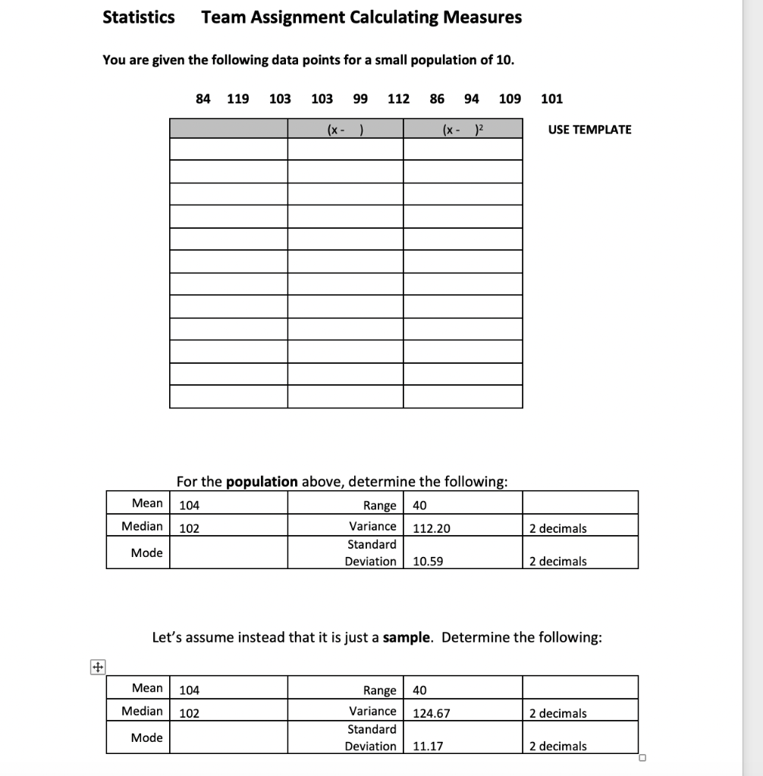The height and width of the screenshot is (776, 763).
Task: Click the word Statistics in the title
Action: tap(138, 17)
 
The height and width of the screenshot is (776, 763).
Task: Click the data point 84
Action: tap(203, 99)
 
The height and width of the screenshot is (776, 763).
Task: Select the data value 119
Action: tap(238, 99)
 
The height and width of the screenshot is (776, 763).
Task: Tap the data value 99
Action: tap(360, 99)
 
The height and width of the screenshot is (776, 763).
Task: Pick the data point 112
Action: tap(398, 99)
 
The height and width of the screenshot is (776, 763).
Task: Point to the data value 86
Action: tap(437, 99)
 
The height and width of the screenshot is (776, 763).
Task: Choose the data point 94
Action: tap(471, 99)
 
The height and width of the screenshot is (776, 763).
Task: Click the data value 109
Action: tap(510, 99)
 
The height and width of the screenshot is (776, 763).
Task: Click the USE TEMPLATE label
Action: tap(589, 130)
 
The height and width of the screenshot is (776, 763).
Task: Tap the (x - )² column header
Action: tap(463, 130)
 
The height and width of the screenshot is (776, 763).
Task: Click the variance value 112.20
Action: tap(431, 528)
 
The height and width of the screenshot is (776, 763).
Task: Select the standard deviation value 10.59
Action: tap(428, 562)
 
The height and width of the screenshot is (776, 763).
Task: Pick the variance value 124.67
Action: tap(431, 713)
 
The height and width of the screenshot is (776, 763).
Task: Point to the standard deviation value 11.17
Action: tap(428, 746)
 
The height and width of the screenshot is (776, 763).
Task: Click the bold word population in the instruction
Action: tap(262, 481)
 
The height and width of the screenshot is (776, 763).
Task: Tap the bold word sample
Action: tap(408, 637)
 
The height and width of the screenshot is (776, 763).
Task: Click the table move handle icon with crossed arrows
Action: tap(97, 668)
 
